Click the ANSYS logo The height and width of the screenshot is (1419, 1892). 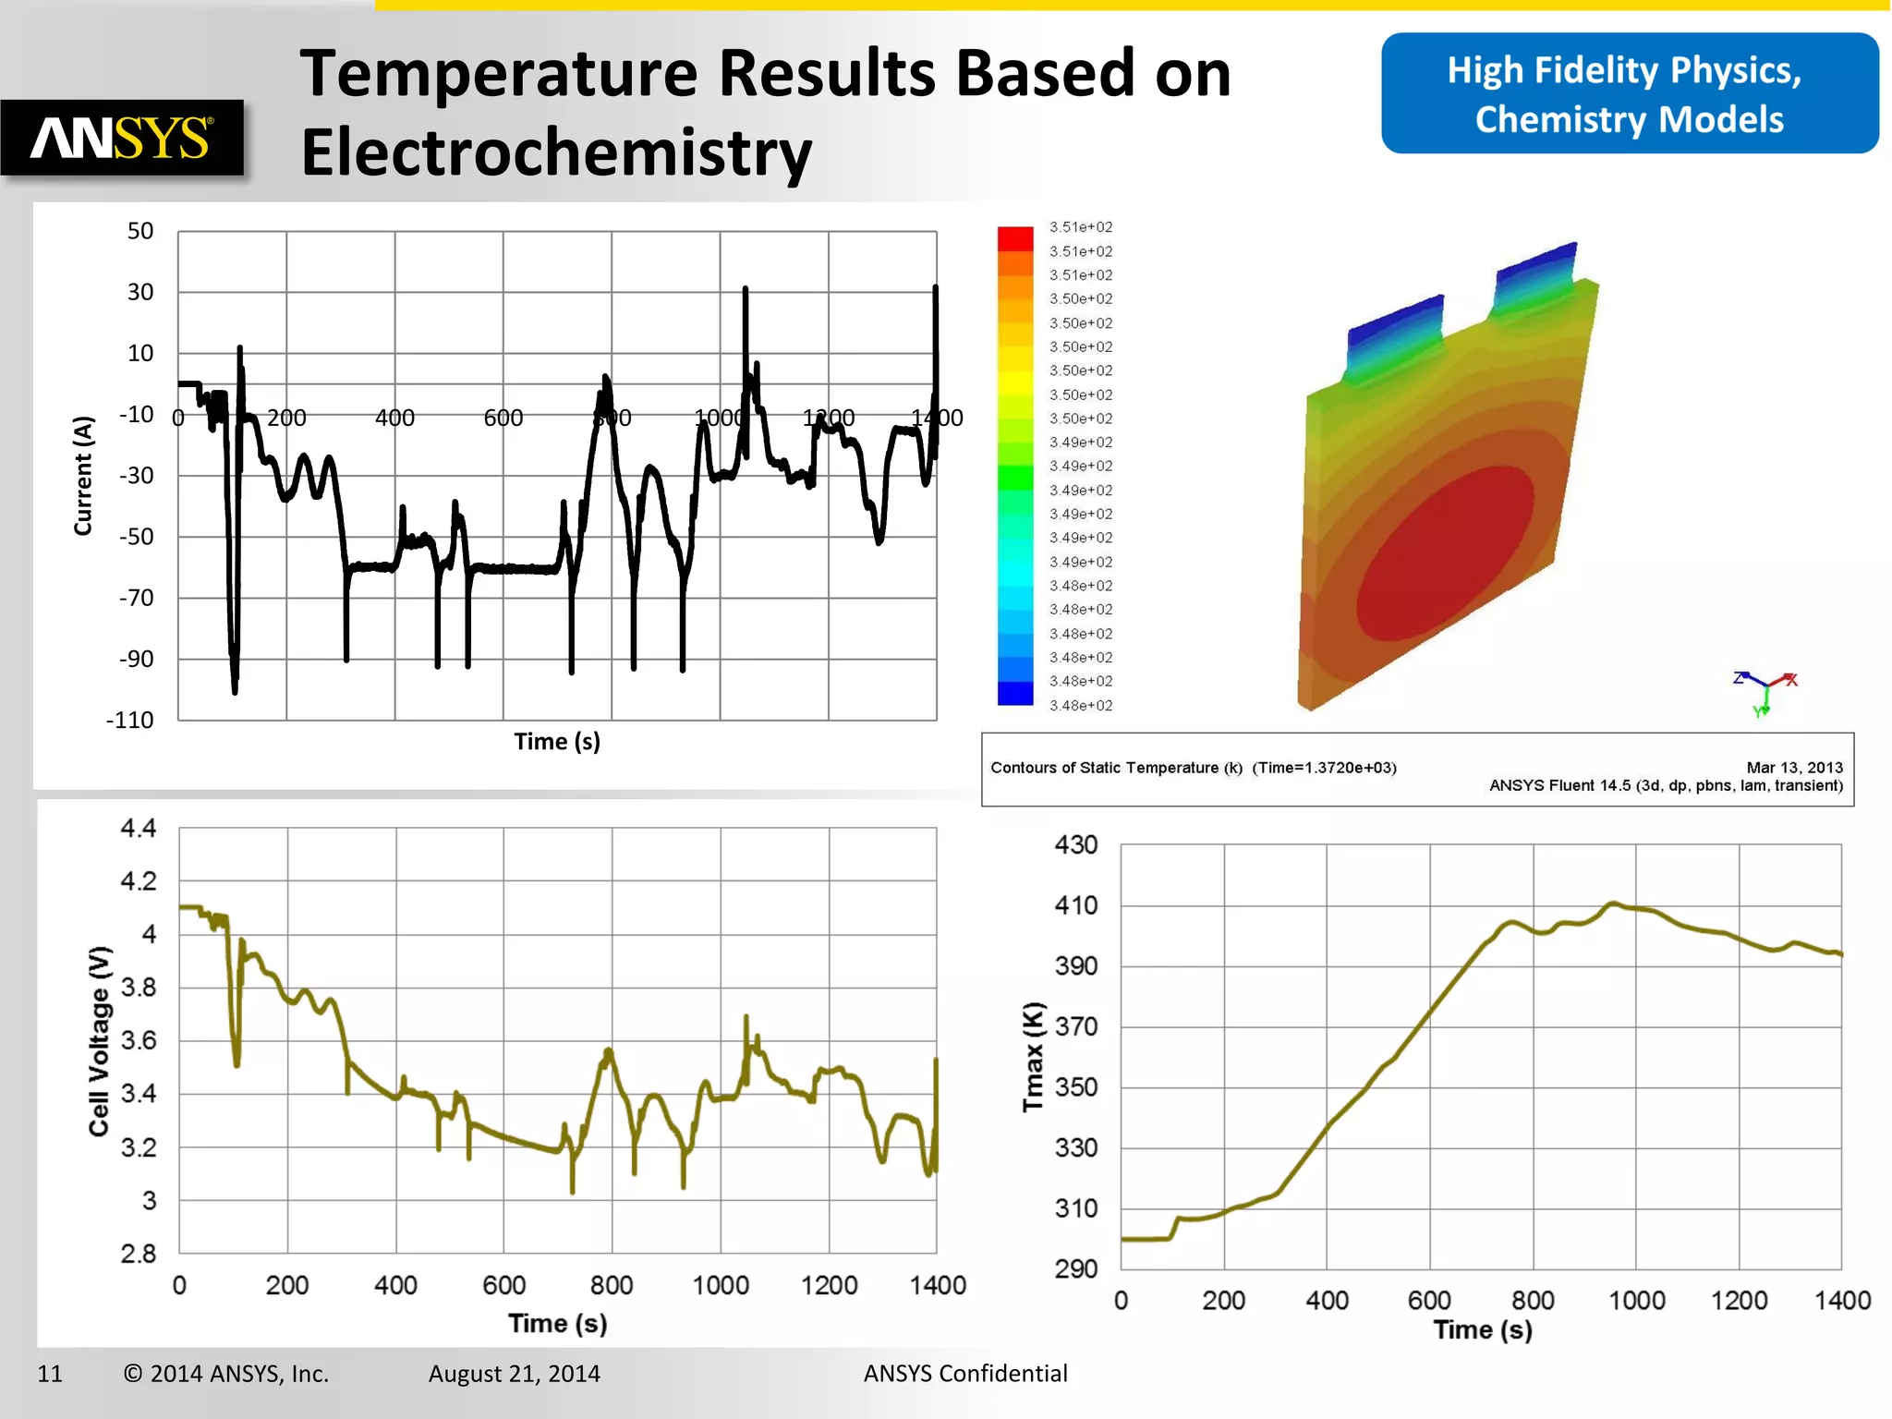(122, 139)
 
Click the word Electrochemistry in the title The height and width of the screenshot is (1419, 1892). (555, 152)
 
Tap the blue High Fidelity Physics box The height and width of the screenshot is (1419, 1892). (1629, 94)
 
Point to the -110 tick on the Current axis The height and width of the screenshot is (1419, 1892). (129, 721)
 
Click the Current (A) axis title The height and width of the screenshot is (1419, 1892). (83, 476)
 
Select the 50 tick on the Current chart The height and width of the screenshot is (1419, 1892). (140, 231)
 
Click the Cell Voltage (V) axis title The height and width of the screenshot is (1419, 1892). (100, 1040)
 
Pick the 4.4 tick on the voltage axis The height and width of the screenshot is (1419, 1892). (139, 828)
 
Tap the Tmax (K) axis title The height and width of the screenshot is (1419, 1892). (1033, 1057)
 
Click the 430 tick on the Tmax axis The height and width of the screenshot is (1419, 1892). (1075, 844)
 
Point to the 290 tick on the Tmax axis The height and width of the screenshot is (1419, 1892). (1075, 1268)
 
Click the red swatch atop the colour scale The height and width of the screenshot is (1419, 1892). (1014, 238)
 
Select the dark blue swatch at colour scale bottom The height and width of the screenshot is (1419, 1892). (1014, 693)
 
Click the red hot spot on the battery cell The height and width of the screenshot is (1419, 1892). (1446, 554)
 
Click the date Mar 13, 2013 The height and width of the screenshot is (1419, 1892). (1793, 768)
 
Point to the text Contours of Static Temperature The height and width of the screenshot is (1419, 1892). (1115, 768)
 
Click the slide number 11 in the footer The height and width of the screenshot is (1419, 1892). (50, 1374)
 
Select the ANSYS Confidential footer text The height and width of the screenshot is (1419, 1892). (964, 1374)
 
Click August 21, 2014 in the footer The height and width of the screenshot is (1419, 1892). (514, 1374)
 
